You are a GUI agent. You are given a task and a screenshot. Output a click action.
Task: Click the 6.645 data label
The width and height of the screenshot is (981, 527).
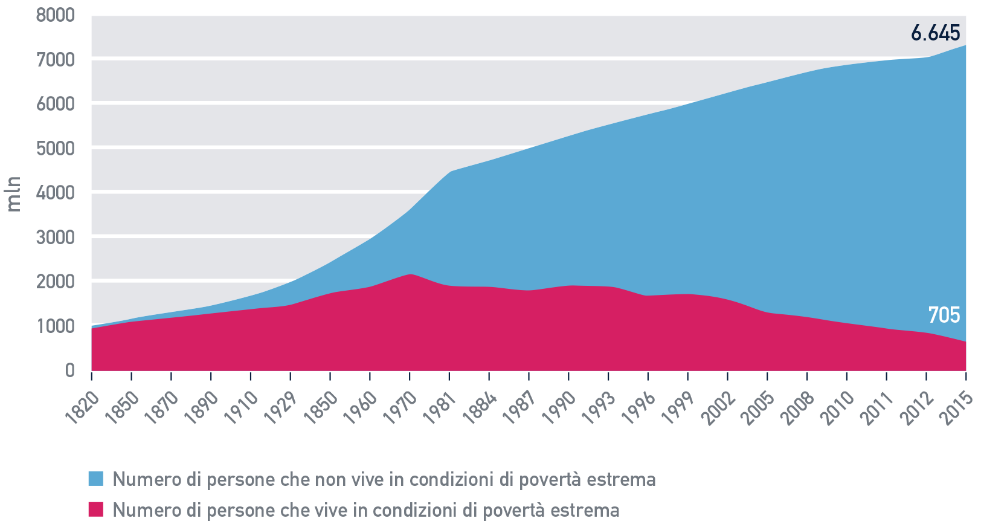click(935, 33)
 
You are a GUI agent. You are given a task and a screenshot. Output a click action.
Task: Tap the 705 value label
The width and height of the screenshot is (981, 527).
click(944, 315)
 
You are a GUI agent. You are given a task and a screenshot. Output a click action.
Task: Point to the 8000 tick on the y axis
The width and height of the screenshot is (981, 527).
click(55, 15)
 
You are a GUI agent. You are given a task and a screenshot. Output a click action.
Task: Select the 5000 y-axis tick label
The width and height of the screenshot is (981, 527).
click(55, 149)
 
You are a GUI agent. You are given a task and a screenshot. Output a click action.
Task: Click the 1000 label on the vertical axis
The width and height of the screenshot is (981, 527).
click(55, 326)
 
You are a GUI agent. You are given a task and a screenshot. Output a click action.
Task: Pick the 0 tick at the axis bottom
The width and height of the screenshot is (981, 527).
click(70, 370)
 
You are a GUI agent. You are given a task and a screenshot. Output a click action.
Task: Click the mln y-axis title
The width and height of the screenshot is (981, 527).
click(14, 193)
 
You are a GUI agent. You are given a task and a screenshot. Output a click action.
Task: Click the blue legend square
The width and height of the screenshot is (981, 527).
click(96, 479)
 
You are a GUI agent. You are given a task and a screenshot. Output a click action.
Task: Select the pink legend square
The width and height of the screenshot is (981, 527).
click(96, 509)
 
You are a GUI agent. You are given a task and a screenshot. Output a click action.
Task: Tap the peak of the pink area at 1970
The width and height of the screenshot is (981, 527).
click(410, 274)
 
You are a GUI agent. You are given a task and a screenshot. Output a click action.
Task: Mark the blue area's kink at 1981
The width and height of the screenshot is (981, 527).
click(449, 172)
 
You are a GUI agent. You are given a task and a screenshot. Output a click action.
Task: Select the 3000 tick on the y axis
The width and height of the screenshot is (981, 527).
click(55, 238)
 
